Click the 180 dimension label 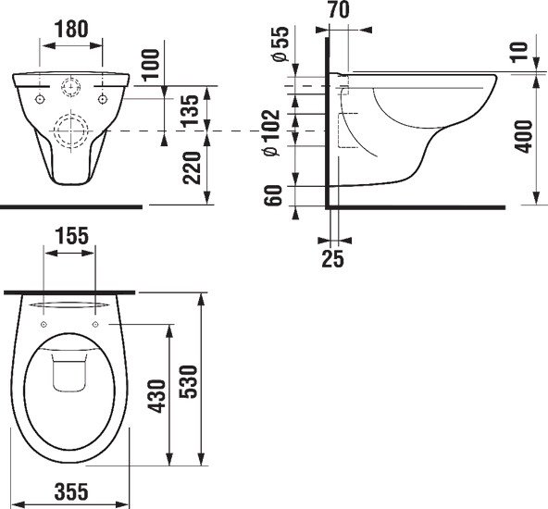point(71,29)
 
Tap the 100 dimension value point(151,66)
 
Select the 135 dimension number point(191,110)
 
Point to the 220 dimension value point(192,168)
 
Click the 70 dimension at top point(339,10)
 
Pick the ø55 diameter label point(281,44)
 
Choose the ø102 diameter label point(272,132)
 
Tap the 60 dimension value point(273,195)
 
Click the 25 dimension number point(332,259)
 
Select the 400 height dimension point(524,136)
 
